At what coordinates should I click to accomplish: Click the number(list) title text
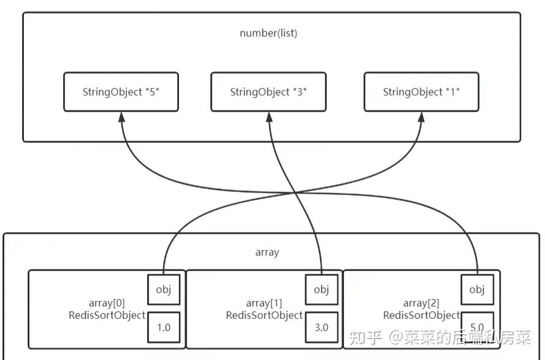pos(269,33)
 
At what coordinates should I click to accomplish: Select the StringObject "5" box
pos(121,92)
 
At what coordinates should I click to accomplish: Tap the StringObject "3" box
pos(269,92)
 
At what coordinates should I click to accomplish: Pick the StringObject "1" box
pos(421,92)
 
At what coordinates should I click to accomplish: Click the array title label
pos(267,252)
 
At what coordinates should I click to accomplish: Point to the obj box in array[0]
pos(164,289)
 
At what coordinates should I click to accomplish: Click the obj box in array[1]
pos(321,289)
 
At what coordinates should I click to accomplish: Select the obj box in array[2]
pos(478,289)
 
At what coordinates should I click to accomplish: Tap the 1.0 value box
pos(164,327)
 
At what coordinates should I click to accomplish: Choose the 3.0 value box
pos(321,327)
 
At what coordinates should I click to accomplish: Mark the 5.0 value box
pos(478,327)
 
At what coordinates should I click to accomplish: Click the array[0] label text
pos(109,303)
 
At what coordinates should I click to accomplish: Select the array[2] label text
pos(422,303)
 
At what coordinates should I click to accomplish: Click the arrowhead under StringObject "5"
pos(121,117)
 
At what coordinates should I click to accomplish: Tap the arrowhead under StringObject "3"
pos(269,117)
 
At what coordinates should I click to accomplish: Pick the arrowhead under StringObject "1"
pos(421,117)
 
